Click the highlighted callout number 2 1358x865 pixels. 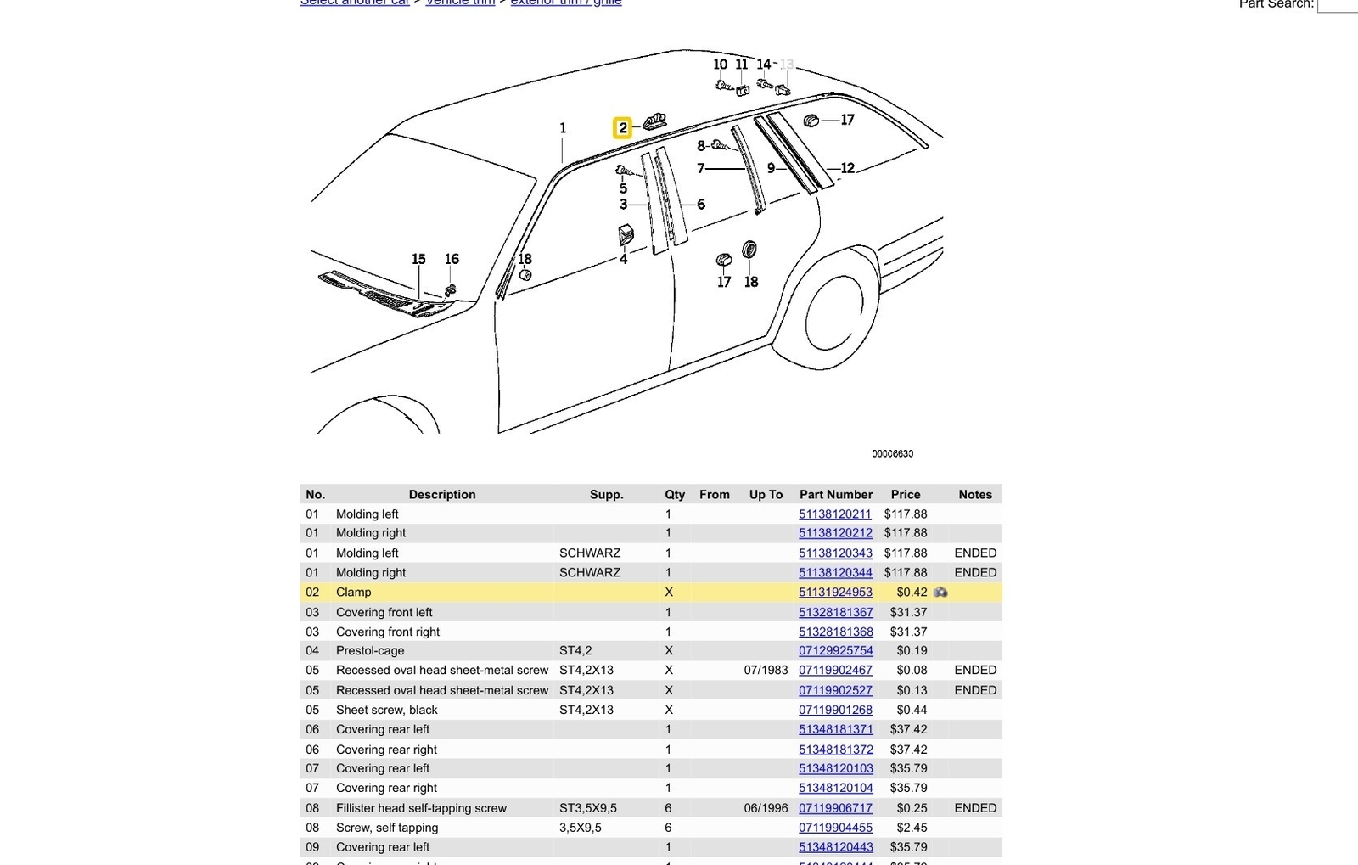click(x=622, y=128)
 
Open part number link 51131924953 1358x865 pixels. click(x=835, y=593)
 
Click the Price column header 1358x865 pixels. click(x=905, y=494)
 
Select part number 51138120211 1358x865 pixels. click(x=834, y=514)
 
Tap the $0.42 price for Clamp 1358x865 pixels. click(x=912, y=593)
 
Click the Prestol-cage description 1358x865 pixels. click(x=370, y=651)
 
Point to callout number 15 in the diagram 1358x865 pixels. click(x=418, y=259)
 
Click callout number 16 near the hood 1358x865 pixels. click(x=452, y=259)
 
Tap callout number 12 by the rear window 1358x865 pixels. click(x=847, y=168)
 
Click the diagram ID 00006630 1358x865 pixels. click(x=892, y=454)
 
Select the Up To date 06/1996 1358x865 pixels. click(x=766, y=808)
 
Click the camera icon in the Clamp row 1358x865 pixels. click(x=940, y=593)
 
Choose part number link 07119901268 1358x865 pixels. click(x=835, y=710)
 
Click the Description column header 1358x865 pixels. click(x=441, y=494)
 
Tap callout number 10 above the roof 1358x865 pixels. click(x=720, y=65)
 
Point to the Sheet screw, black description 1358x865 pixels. click(x=386, y=710)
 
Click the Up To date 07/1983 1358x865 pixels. click(x=766, y=670)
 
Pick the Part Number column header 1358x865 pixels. click(x=835, y=494)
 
